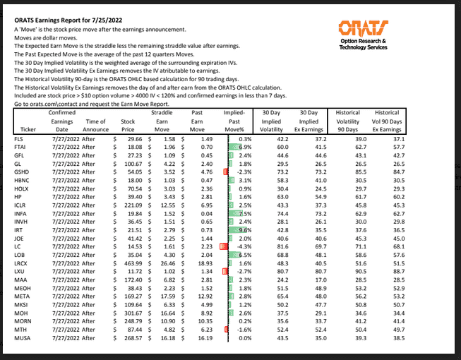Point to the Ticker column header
28,130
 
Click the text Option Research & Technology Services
363,44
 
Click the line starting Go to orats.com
88,104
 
